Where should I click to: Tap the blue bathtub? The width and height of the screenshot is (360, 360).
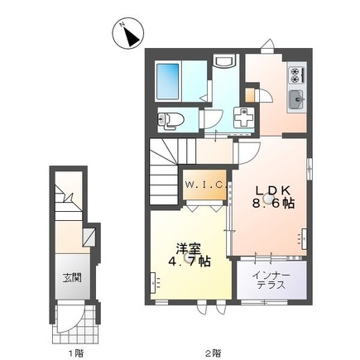pos(176,79)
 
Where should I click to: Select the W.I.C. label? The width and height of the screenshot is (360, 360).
pos(204,184)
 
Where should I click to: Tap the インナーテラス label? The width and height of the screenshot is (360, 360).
pos(271,277)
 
